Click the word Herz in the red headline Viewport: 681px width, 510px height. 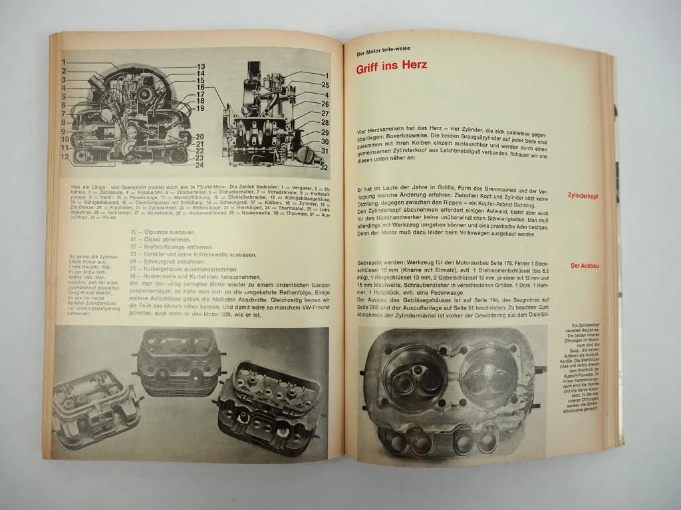pos(408,66)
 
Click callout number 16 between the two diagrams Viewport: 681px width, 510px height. pos(200,88)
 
